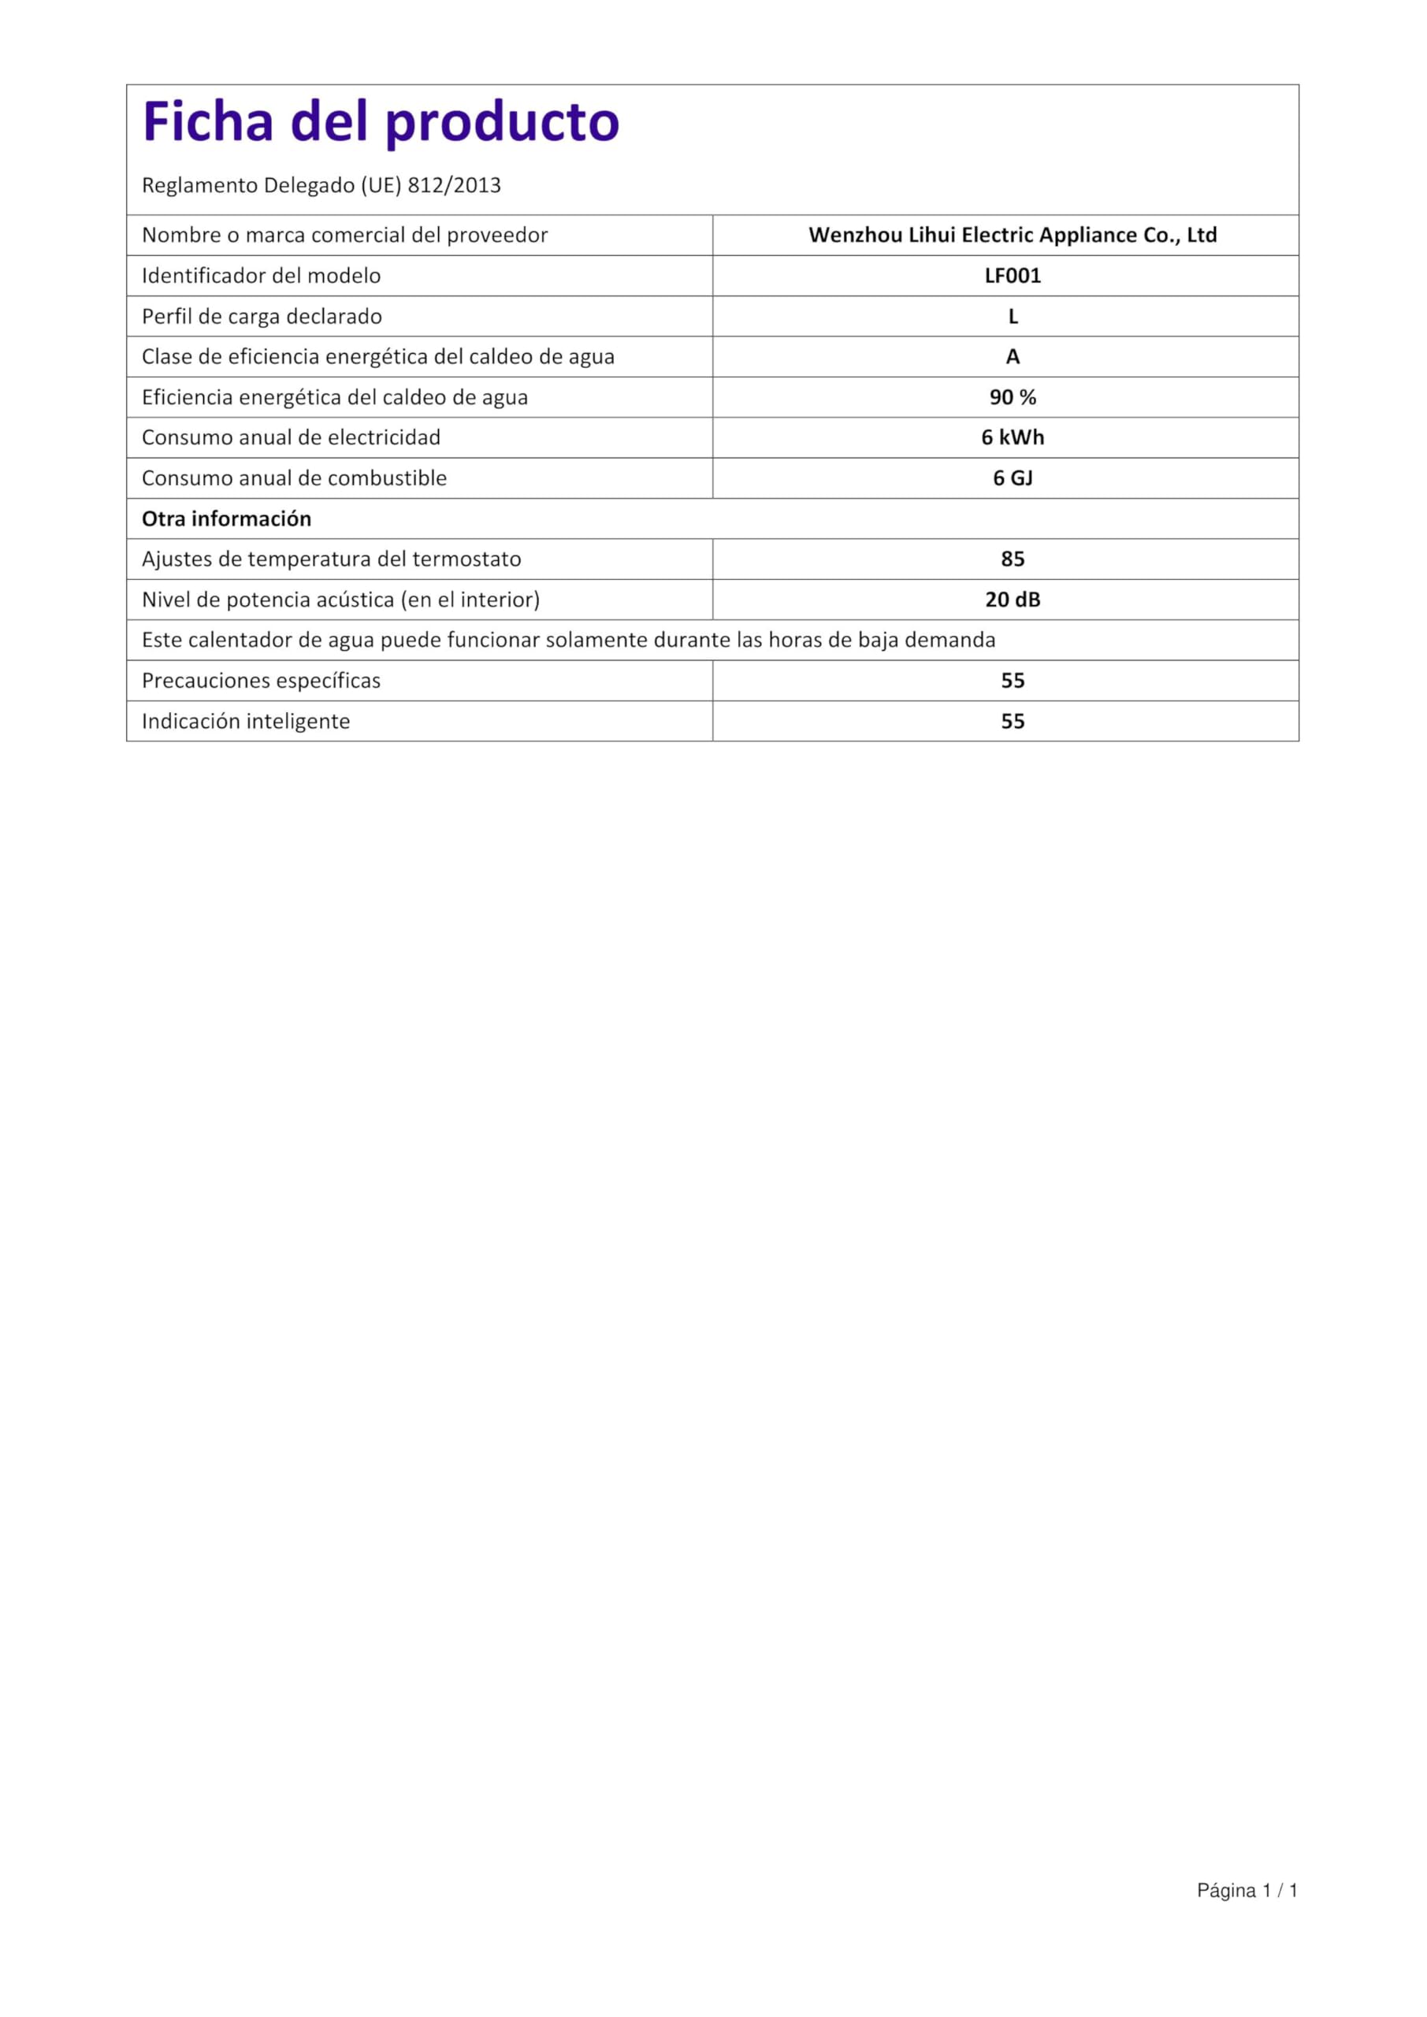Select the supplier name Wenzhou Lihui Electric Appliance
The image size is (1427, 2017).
pyautogui.click(x=1013, y=236)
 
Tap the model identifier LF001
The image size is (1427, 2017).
pyautogui.click(x=1013, y=276)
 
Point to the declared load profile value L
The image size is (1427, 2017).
pyautogui.click(x=1013, y=316)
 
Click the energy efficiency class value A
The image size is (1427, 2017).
pyautogui.click(x=1013, y=357)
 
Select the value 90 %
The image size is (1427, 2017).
pyautogui.click(x=1013, y=397)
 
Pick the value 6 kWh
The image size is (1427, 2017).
pyautogui.click(x=1013, y=437)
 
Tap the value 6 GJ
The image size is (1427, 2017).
pyautogui.click(x=1013, y=478)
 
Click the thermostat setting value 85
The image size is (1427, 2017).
pyautogui.click(x=1013, y=559)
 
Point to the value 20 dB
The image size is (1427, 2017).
pyautogui.click(x=1013, y=599)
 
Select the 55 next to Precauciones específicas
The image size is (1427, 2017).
pyautogui.click(x=1013, y=681)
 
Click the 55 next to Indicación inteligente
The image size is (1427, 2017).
pyautogui.click(x=1013, y=721)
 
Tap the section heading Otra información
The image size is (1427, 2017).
pyautogui.click(x=227, y=519)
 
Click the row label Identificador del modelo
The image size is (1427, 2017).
pyautogui.click(x=261, y=276)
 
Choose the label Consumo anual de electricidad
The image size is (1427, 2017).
pyautogui.click(x=291, y=437)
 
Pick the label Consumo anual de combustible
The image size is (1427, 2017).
pyautogui.click(x=295, y=478)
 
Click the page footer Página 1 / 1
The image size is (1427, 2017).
pyautogui.click(x=1247, y=1890)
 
